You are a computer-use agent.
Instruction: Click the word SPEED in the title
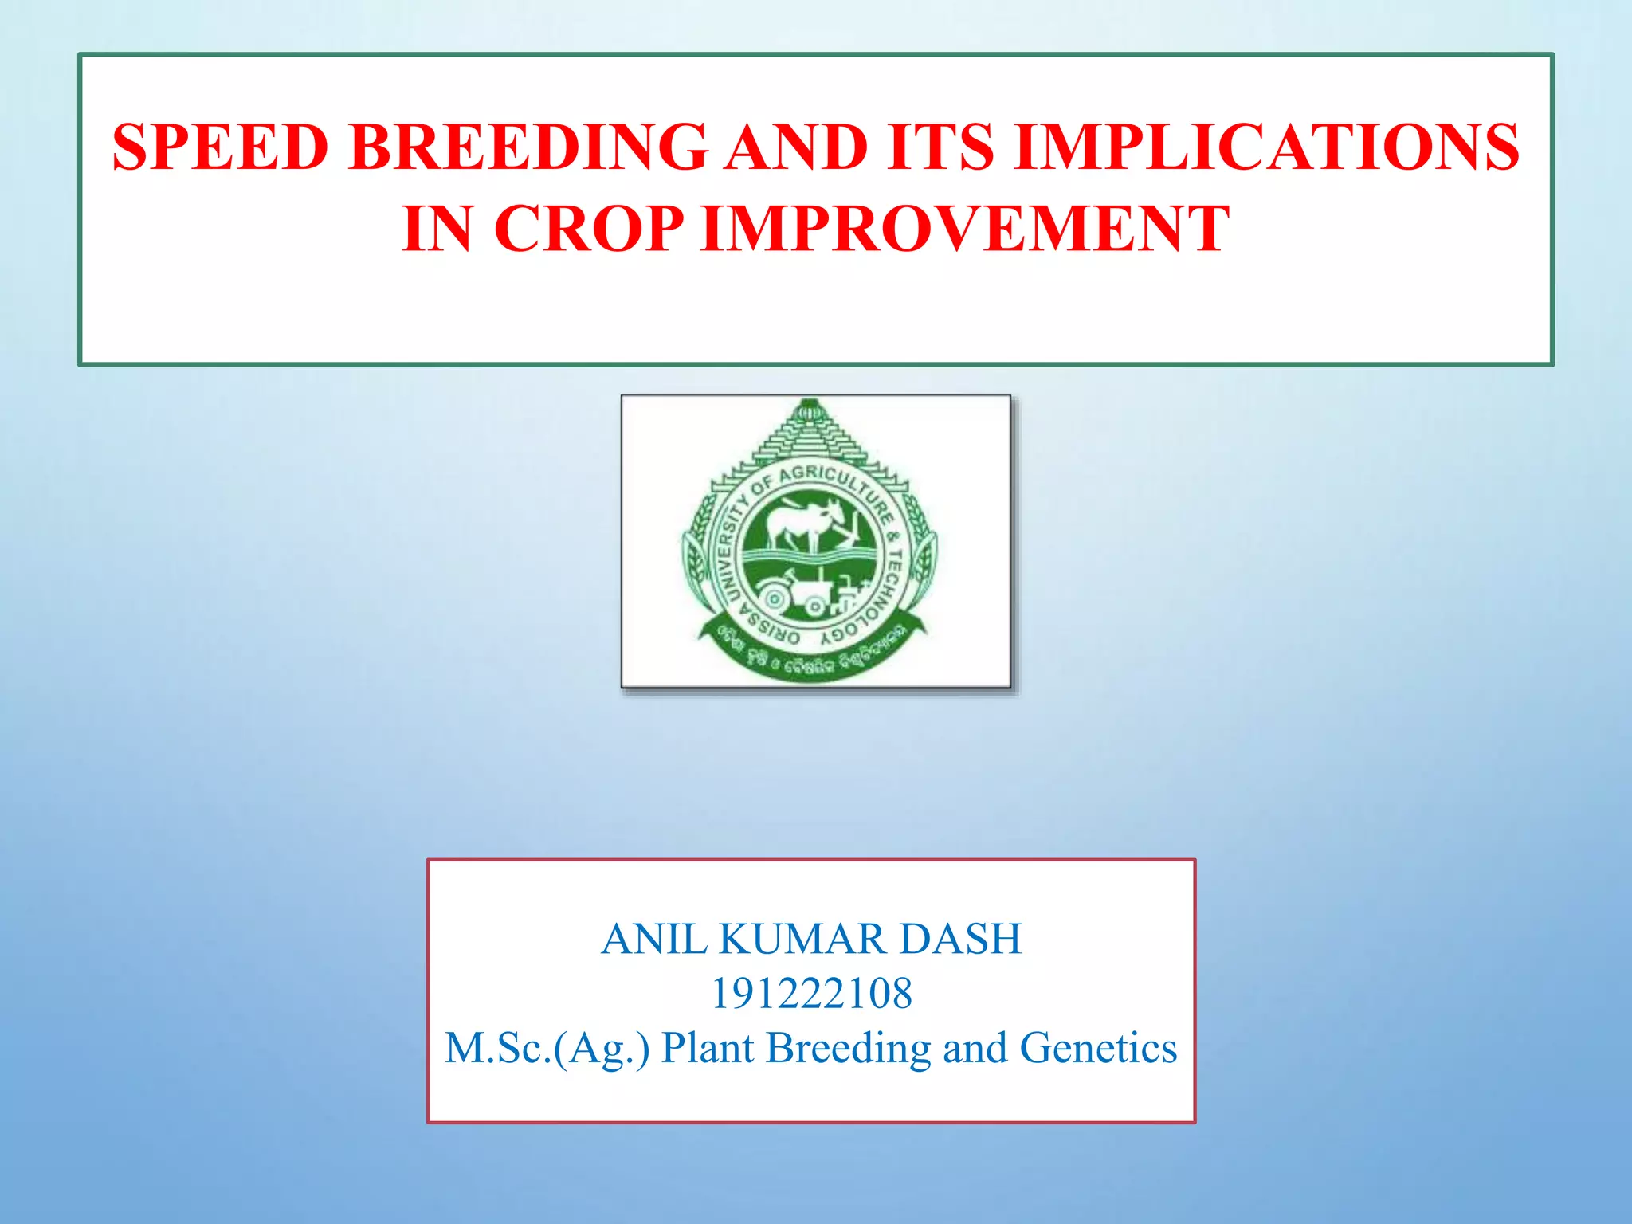point(220,147)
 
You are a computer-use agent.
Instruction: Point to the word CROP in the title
point(588,229)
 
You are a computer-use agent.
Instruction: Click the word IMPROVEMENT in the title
point(965,229)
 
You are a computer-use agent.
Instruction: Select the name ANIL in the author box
point(653,939)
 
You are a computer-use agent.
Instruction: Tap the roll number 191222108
point(811,994)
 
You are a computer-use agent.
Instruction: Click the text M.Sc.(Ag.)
point(547,1048)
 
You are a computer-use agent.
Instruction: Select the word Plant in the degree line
point(708,1048)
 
